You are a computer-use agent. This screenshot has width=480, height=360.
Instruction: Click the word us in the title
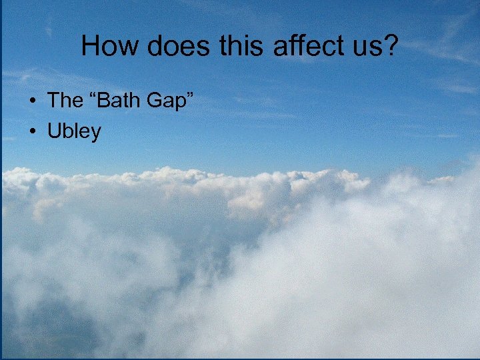point(352,48)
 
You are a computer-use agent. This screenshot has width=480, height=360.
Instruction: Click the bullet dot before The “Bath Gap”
point(32,102)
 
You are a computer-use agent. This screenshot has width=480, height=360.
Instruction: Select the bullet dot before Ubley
point(32,132)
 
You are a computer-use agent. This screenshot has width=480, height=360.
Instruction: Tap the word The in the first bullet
point(65,101)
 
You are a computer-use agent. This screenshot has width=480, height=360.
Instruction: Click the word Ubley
point(74,132)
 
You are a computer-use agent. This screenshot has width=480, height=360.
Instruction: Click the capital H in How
point(90,46)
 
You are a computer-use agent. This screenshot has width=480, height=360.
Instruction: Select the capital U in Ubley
point(53,131)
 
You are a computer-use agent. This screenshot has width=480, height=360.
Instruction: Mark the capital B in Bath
point(102,101)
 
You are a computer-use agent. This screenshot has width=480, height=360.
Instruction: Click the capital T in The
point(53,101)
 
